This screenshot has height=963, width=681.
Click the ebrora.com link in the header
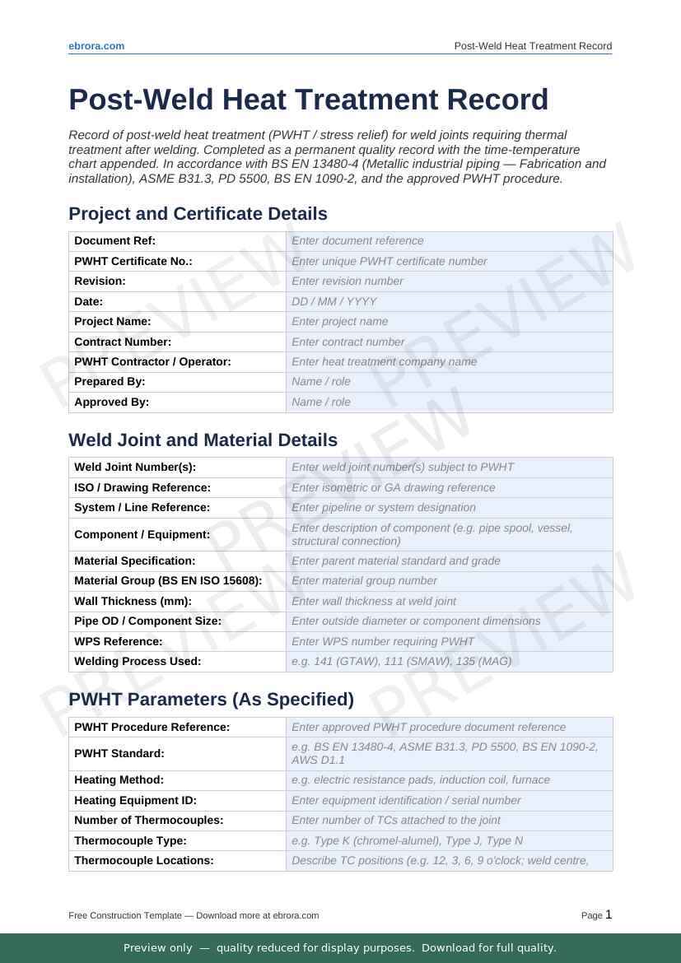coord(96,46)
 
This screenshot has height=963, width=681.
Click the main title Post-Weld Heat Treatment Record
coord(308,100)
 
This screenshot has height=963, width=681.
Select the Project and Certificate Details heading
coord(198,214)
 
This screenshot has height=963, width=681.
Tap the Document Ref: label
coord(114,241)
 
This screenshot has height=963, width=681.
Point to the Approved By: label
coord(111,402)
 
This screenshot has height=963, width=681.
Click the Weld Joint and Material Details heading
coord(203,440)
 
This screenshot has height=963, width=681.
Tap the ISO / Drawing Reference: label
coord(142,487)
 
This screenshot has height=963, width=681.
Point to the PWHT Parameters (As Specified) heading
coord(211,700)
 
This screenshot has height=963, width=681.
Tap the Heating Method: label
coord(119,779)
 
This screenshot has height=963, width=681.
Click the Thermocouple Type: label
coord(130,840)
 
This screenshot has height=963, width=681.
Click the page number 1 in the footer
coord(609,914)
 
